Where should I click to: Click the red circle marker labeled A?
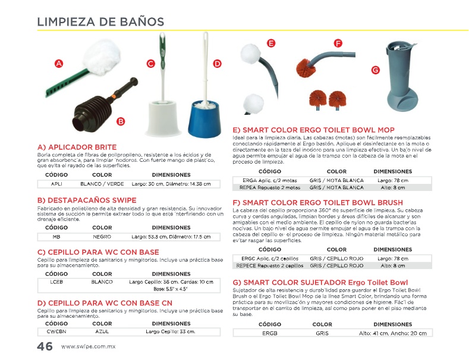pos(58,64)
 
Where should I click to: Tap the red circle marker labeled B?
pos(121,121)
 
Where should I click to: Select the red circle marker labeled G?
pos(375,70)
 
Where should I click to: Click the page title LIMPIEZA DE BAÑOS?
pos(100,22)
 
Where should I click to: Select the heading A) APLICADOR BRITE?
pos(77,147)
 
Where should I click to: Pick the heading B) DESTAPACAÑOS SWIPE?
pos(87,200)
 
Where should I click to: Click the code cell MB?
pos(56,236)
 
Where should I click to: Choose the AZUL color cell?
pos(102,331)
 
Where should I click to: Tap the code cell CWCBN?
pos(56,331)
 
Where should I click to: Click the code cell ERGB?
pos(270,333)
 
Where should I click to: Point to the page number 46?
pos(45,346)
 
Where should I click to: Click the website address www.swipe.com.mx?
pos(88,347)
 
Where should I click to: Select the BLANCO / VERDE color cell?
pos(102,184)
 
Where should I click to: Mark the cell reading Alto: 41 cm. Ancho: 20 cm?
pos(392,333)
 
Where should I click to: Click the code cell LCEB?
pos(56,281)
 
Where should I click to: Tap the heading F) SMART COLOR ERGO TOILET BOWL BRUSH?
pos(309,203)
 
